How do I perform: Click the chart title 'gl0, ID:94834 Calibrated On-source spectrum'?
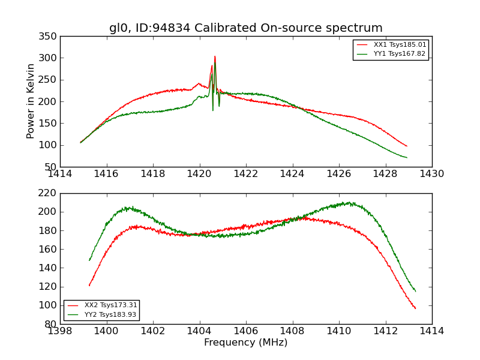point(245,28)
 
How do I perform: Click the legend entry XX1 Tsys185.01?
point(399,45)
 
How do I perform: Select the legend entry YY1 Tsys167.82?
point(399,54)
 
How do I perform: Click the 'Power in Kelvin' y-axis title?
point(31,101)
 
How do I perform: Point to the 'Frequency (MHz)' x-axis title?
point(245,343)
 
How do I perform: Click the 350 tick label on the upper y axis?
point(50,37)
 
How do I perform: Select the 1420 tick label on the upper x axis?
point(199,174)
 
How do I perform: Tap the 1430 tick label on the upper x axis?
point(431,174)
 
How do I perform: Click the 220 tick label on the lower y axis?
point(50,193)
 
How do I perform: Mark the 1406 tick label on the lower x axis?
point(245,331)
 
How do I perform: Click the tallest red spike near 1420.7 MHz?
point(215,57)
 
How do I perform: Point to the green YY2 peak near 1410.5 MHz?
point(350,203)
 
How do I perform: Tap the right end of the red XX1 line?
point(407,146)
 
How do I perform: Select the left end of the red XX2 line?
point(89,285)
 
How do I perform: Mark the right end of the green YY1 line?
point(407,158)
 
